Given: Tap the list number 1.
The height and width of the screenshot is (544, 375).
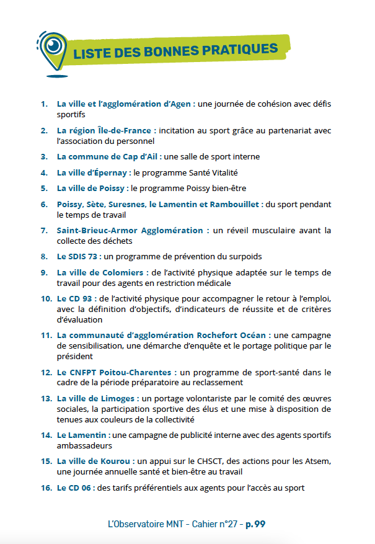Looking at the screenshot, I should (x=44, y=104).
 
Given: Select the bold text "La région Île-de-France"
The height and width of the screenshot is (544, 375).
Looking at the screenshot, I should (x=105, y=131).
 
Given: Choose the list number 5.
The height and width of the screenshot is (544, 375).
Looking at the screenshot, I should (x=44, y=188).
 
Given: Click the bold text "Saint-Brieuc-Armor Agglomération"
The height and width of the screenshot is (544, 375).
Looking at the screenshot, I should (x=130, y=230).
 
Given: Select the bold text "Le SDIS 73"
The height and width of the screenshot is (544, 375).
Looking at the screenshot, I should (x=78, y=256).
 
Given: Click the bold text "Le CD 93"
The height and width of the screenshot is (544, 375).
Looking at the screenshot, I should (x=74, y=298).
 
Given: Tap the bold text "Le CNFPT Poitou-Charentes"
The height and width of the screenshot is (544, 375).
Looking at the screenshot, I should (x=114, y=373).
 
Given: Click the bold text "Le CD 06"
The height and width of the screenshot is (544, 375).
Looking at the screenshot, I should (x=74, y=488).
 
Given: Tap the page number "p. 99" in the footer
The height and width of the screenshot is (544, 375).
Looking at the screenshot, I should (x=255, y=524).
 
